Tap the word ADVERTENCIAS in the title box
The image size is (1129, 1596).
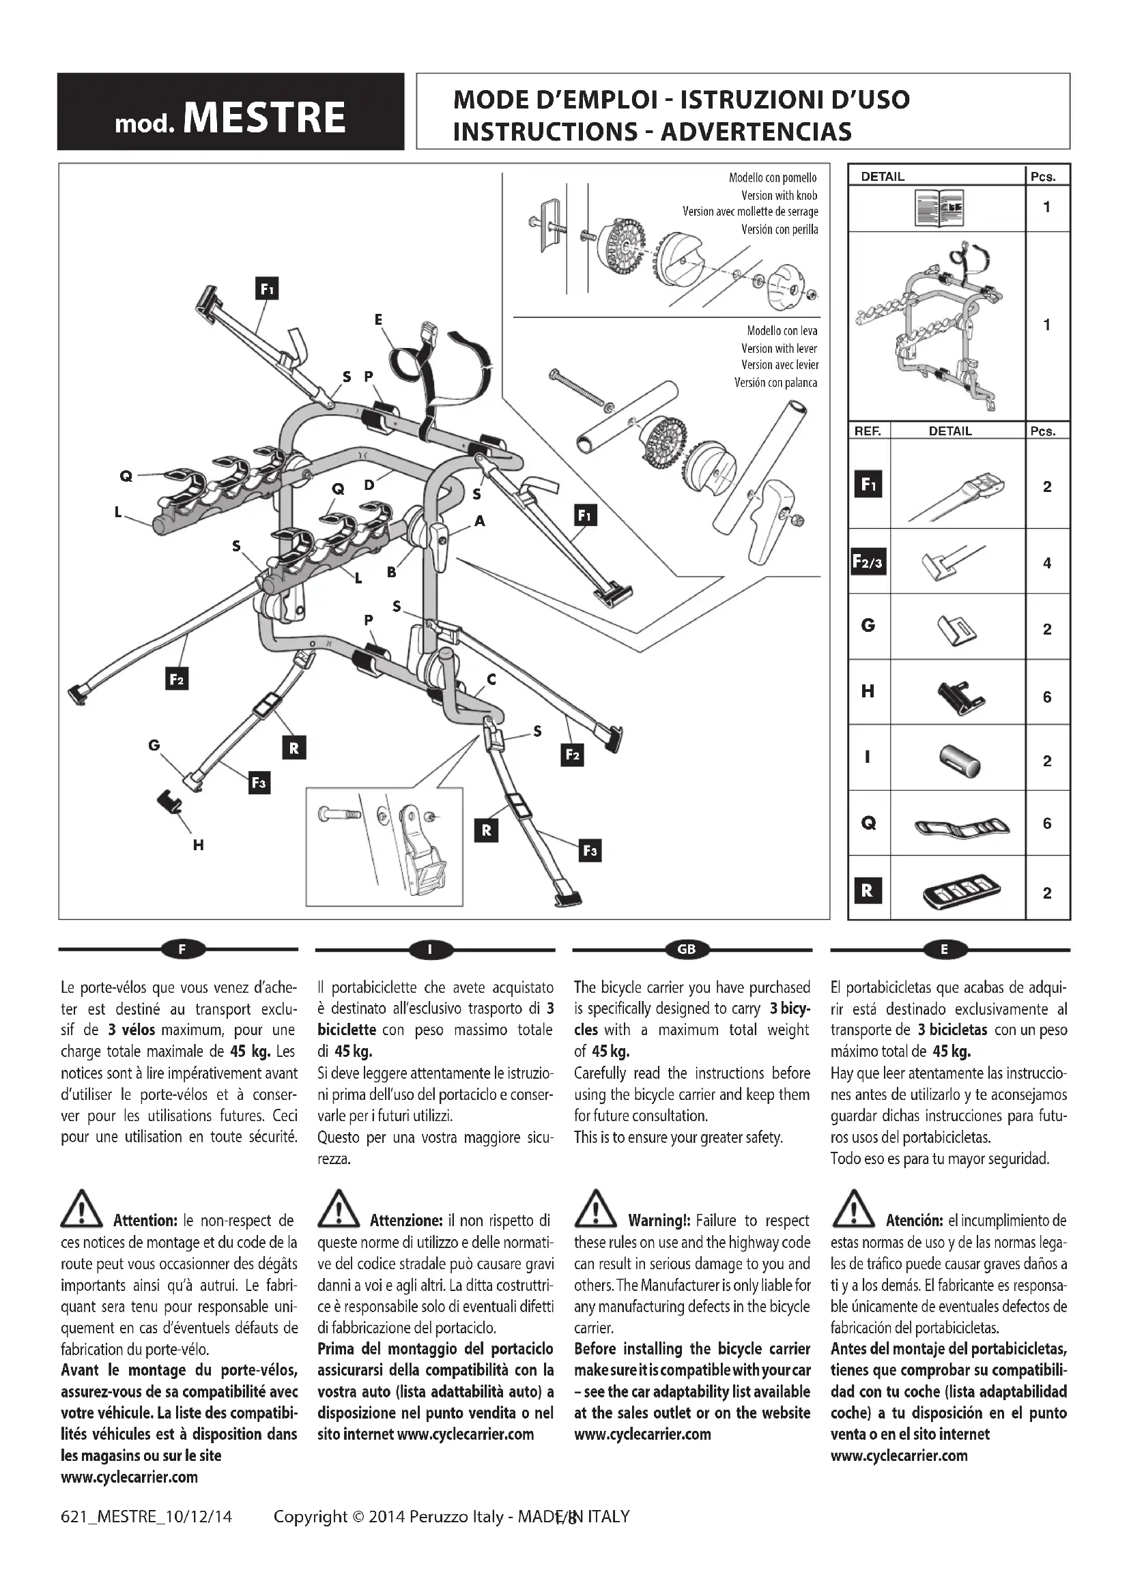click(756, 132)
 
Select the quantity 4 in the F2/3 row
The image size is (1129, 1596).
click(1047, 563)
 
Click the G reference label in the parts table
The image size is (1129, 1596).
click(868, 626)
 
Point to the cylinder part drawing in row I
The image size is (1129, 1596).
click(959, 760)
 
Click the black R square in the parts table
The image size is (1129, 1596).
click(867, 890)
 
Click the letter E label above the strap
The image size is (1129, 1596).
click(378, 320)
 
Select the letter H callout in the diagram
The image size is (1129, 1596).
click(198, 845)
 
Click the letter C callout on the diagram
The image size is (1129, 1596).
click(491, 679)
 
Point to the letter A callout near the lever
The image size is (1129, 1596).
click(480, 521)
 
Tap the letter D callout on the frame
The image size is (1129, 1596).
click(369, 484)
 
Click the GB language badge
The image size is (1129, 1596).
click(686, 950)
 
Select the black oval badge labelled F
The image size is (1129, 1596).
click(182, 950)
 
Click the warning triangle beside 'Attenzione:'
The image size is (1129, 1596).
click(338, 1208)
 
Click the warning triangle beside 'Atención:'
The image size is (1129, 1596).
click(853, 1208)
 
